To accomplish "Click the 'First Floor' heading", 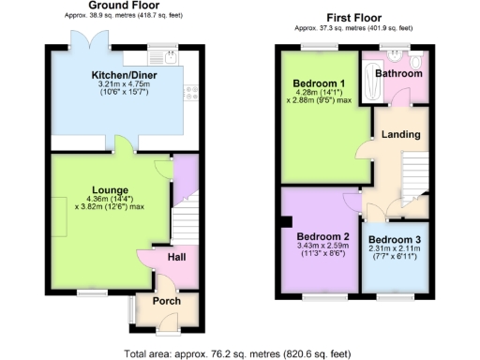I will [x=353, y=18].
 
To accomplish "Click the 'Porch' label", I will [x=166, y=301].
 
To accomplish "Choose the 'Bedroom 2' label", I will [x=322, y=235].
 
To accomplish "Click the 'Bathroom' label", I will [x=399, y=73].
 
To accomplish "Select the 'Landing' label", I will [x=401, y=135].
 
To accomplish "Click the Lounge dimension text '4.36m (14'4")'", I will [x=103, y=200].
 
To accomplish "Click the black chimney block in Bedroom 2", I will [x=280, y=223].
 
